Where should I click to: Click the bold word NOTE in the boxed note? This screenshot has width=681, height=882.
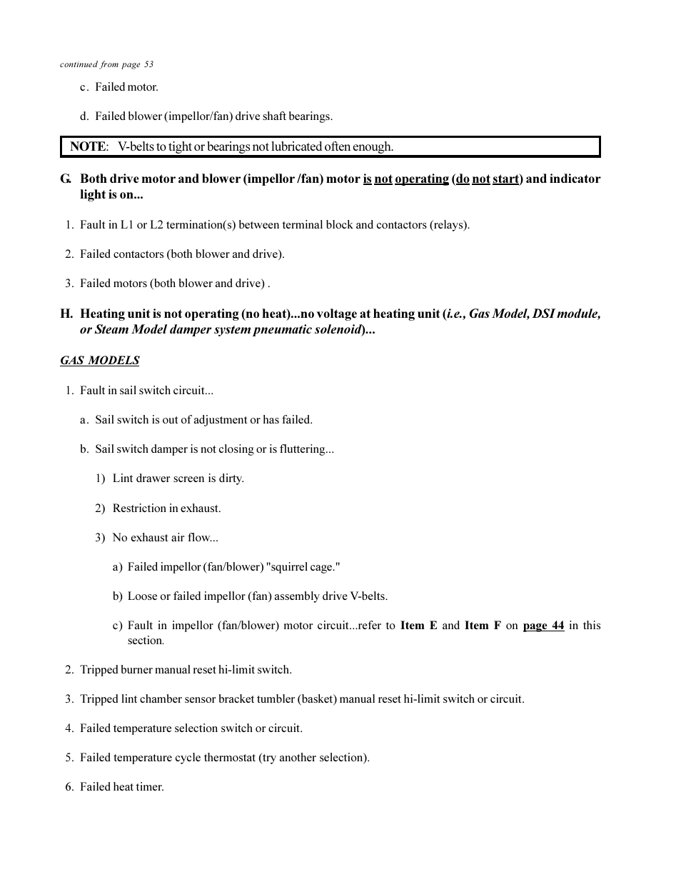(88, 146)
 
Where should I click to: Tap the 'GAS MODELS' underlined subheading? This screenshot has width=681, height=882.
(99, 360)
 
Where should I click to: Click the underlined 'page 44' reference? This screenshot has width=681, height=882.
(543, 625)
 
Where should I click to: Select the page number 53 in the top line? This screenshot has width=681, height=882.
(148, 64)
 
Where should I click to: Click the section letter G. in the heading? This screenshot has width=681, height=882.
(66, 179)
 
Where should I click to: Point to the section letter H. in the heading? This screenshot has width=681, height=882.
(66, 314)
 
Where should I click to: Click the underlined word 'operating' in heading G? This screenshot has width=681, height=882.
(421, 179)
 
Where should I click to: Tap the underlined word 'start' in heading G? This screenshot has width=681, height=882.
(505, 179)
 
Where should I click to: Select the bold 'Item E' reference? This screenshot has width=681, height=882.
(418, 625)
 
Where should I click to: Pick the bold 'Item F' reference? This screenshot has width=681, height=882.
(483, 625)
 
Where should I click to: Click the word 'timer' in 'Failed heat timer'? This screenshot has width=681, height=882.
(149, 786)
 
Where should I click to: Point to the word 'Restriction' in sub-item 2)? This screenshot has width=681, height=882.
(139, 508)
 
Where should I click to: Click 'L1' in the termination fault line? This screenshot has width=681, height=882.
(126, 224)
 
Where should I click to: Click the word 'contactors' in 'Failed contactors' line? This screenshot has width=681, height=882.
(141, 254)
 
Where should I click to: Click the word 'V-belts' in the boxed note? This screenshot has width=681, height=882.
(136, 146)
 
